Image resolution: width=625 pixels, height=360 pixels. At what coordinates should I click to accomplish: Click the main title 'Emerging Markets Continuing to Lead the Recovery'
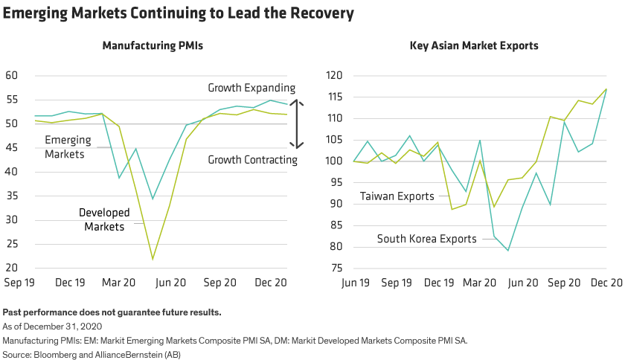click(x=179, y=13)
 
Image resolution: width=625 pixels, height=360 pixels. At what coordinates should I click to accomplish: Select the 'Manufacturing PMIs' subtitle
click(x=153, y=45)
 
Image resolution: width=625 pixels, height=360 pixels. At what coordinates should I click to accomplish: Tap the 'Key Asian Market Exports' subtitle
click(x=474, y=45)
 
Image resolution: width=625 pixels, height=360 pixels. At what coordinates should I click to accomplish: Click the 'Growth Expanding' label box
click(x=251, y=89)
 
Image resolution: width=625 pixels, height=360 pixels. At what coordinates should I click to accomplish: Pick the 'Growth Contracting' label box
click(x=252, y=159)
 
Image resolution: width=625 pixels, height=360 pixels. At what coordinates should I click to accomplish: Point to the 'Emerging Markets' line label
click(x=68, y=147)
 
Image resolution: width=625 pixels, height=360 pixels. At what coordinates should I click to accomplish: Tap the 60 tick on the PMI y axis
click(x=11, y=75)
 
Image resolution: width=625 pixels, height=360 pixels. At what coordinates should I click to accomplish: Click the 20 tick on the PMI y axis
click(x=11, y=268)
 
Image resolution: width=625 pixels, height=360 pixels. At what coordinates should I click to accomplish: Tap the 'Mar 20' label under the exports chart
click(x=480, y=283)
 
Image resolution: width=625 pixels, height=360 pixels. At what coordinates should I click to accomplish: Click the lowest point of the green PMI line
click(x=153, y=260)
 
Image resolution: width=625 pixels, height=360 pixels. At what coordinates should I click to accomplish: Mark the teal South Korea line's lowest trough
click(x=508, y=251)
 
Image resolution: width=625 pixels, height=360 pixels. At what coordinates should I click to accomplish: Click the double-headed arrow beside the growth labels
click(x=297, y=124)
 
